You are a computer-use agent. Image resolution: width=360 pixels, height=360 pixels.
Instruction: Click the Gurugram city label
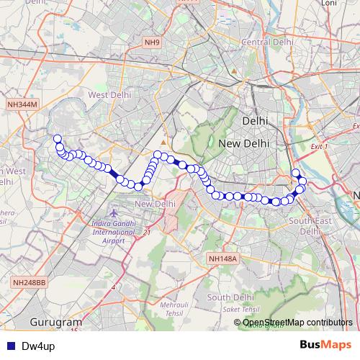(x=57, y=321)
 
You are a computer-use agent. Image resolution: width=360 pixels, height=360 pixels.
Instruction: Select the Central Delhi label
(x=267, y=42)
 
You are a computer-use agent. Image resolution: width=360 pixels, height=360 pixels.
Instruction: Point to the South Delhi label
(x=230, y=297)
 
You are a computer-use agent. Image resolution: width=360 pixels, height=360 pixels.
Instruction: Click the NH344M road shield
(x=22, y=105)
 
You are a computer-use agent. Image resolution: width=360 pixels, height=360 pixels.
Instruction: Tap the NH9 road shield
(x=151, y=42)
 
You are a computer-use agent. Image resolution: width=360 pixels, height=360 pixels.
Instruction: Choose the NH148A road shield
(x=222, y=258)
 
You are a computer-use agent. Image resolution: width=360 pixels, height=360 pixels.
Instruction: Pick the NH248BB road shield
(x=29, y=283)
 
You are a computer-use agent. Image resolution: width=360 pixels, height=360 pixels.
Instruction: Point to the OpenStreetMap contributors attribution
(x=298, y=323)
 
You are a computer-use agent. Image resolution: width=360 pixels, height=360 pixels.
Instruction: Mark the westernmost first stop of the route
(x=58, y=139)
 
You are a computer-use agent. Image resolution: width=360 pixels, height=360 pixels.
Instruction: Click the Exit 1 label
(x=318, y=146)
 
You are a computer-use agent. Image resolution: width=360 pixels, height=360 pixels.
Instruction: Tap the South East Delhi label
(x=310, y=226)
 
